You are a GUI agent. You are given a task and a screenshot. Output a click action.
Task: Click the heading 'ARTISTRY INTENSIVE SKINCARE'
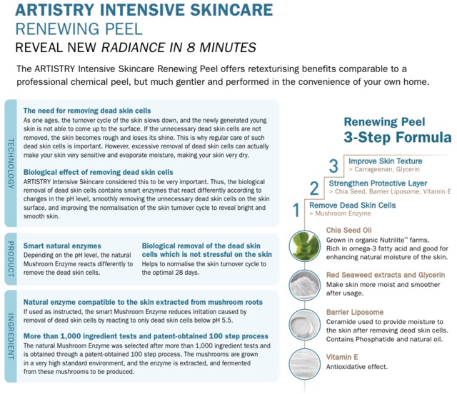click(x=144, y=10)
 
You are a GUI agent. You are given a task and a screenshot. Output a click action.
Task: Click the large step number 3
click(x=333, y=166)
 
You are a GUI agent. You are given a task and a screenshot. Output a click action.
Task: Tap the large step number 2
click(x=314, y=188)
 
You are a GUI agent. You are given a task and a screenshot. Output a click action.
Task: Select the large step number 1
click(x=297, y=210)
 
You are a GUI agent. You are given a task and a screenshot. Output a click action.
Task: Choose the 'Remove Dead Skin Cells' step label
click(x=352, y=205)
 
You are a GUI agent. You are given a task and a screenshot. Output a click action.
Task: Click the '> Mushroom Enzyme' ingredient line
click(x=339, y=213)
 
